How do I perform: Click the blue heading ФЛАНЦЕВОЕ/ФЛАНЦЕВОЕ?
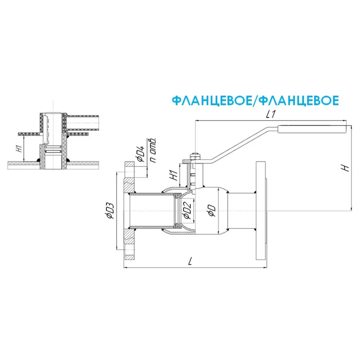tap(255, 100)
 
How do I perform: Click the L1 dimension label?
tap(270, 115)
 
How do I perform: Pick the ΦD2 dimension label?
tap(186, 211)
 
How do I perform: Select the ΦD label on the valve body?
tap(212, 211)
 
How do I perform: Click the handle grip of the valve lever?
tap(313, 129)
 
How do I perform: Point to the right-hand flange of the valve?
tap(261, 211)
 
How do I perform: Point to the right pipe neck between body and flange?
tap(241, 211)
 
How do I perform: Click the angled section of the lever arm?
tap(241, 144)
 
